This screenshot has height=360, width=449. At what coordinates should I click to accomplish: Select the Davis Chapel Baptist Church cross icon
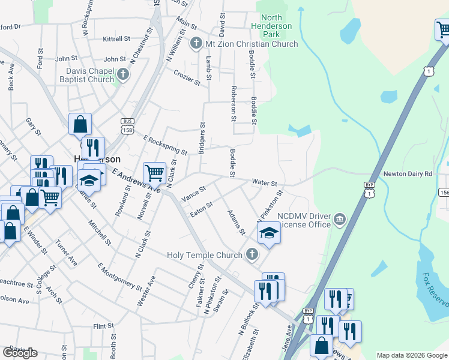[123, 75]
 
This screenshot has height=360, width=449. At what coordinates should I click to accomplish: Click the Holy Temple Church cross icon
[252, 255]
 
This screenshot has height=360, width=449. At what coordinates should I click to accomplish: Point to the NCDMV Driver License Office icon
[340, 217]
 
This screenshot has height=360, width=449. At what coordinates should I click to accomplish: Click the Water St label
[264, 182]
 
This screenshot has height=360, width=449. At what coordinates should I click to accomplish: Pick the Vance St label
[193, 193]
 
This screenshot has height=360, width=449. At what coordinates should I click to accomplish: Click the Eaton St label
[201, 209]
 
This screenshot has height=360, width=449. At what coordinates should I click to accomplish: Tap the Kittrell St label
[116, 39]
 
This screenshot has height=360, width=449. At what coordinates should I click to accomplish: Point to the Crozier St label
[187, 77]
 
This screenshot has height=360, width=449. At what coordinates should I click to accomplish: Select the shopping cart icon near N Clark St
[154, 173]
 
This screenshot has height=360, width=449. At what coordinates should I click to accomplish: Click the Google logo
[20, 353]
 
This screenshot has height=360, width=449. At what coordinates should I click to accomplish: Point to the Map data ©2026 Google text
[411, 355]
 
